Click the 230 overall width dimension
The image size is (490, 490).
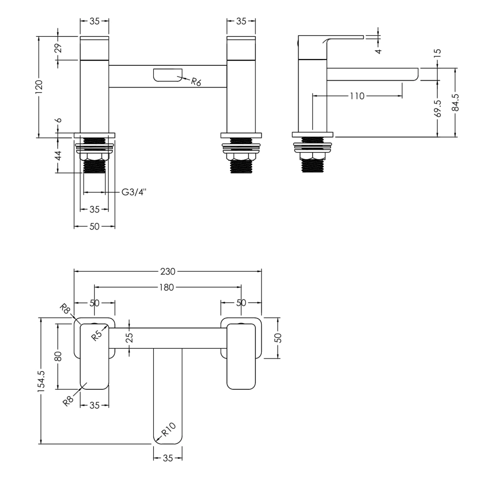167,271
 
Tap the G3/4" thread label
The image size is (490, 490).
134,192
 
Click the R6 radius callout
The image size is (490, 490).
196,82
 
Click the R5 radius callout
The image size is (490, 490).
97,335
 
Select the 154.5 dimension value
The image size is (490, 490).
41,380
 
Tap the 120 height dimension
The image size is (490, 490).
39,86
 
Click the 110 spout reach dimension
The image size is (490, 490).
357,96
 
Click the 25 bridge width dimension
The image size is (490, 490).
130,338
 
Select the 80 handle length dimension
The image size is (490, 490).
58,356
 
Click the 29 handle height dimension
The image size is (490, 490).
59,48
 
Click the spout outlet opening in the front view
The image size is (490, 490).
167,75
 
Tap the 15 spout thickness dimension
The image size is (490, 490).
438,53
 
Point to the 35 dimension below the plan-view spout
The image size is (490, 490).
167,458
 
